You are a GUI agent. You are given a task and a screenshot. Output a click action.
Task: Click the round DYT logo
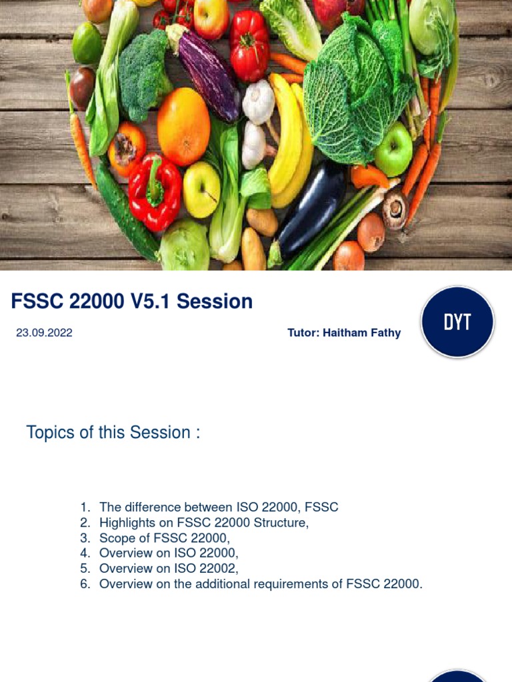point(457,322)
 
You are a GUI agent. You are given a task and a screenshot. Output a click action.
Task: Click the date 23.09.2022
point(44,333)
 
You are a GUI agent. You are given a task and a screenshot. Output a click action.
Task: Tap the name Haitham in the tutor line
point(346,333)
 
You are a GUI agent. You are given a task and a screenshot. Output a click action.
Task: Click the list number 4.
point(85,553)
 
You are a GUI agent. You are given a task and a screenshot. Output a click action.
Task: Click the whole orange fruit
point(183,127)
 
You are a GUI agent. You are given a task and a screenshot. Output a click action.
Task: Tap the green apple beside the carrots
point(393,149)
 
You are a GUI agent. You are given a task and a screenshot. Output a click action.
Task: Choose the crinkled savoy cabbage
point(353,97)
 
